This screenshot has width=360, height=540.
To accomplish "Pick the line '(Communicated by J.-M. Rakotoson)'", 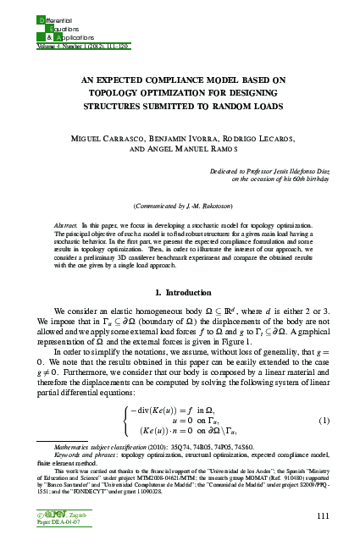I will click(x=180, y=207).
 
